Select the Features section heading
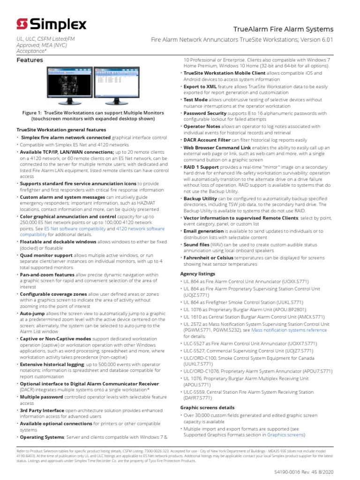pos(30,60)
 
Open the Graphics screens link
pos(286,435)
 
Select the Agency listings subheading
pos(197,273)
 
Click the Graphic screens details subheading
pos(207,407)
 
